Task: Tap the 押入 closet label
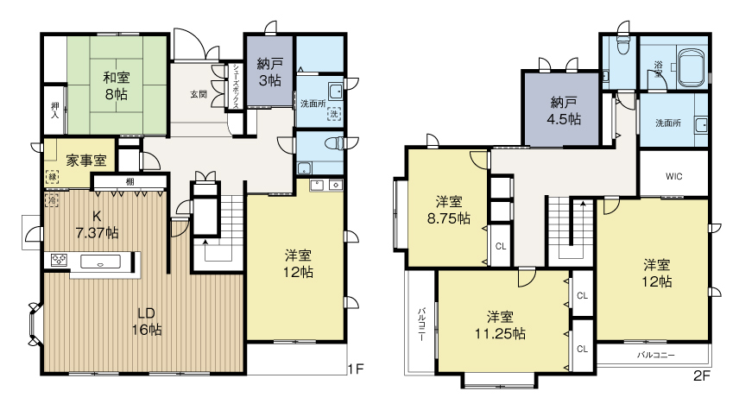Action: click(54, 109)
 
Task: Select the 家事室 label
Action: click(86, 160)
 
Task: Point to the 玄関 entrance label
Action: click(199, 94)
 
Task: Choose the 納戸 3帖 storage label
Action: click(268, 71)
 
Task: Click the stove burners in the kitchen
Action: click(60, 260)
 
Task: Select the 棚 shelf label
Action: click(129, 181)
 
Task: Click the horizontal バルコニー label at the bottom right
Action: click(655, 355)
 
